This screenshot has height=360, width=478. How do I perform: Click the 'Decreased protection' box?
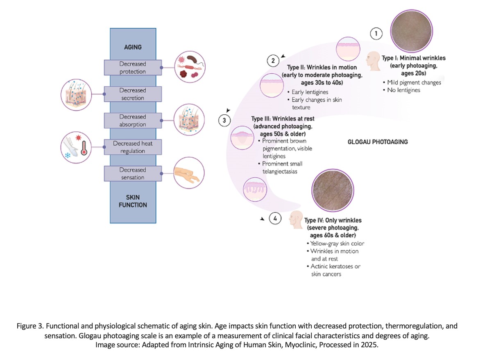133,68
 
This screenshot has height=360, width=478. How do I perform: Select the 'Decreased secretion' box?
133,94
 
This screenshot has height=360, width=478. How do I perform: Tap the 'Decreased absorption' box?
133,120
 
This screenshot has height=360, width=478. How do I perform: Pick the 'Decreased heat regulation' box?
133,147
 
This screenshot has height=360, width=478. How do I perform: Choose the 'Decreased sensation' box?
133,173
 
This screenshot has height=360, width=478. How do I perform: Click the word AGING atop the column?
133,47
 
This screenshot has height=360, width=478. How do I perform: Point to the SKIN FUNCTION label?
133,201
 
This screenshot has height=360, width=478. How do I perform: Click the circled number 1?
376,33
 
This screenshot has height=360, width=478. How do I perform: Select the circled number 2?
273,61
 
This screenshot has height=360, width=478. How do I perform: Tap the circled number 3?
224,120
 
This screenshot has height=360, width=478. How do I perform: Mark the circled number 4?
275,219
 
